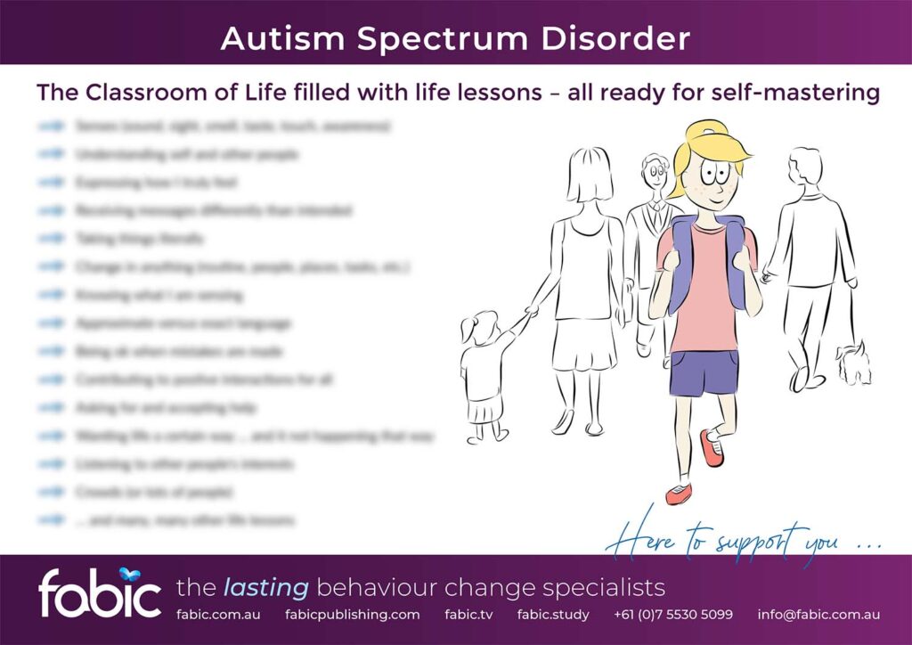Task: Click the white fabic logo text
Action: point(99,593)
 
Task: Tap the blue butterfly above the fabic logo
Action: point(132,575)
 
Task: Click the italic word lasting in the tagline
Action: point(265,588)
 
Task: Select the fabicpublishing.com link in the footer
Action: point(352,615)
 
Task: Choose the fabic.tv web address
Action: point(468,615)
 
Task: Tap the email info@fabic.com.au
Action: point(818,615)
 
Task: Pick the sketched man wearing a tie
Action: point(654,223)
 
